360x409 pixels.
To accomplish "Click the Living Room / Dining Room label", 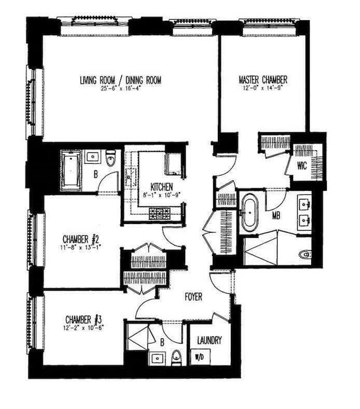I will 120,80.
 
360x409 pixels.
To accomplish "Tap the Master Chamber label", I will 263,80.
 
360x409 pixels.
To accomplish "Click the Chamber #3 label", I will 85,318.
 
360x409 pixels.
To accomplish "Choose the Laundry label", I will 210,341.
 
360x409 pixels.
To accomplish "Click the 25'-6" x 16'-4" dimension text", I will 121,89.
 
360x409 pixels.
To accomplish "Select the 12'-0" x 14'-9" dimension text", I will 263,89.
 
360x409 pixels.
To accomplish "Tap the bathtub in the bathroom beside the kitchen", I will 71,170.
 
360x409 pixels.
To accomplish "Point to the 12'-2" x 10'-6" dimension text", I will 85,326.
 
